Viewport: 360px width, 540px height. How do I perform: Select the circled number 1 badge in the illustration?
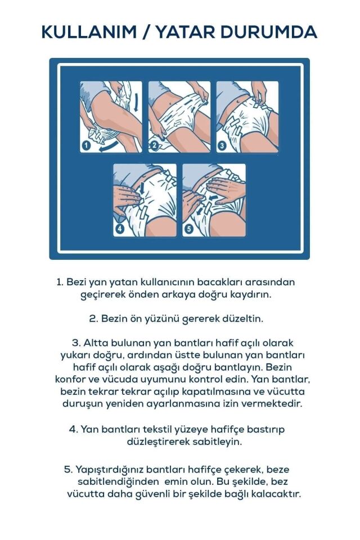pos(87,146)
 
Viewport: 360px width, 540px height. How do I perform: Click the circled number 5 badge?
pos(189,228)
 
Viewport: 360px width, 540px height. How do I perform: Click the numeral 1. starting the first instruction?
pos(60,282)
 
